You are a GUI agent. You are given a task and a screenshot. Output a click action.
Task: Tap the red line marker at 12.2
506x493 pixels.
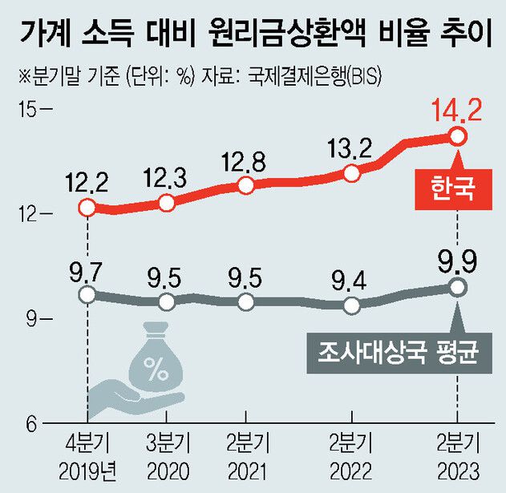tap(87, 208)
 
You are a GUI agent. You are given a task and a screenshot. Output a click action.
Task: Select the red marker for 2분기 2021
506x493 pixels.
tap(246, 186)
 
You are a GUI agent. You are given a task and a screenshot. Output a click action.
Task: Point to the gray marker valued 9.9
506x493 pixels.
tap(457, 287)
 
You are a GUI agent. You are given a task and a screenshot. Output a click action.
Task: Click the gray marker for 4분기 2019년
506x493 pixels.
tap(87, 295)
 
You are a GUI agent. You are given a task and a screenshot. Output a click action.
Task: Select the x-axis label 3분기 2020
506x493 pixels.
tap(167, 455)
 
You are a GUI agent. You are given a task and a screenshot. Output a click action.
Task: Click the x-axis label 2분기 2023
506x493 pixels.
tap(456, 455)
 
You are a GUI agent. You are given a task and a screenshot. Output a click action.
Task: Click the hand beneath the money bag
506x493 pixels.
tap(128, 397)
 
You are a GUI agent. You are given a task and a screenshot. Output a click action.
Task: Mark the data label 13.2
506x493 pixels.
tap(350, 148)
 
